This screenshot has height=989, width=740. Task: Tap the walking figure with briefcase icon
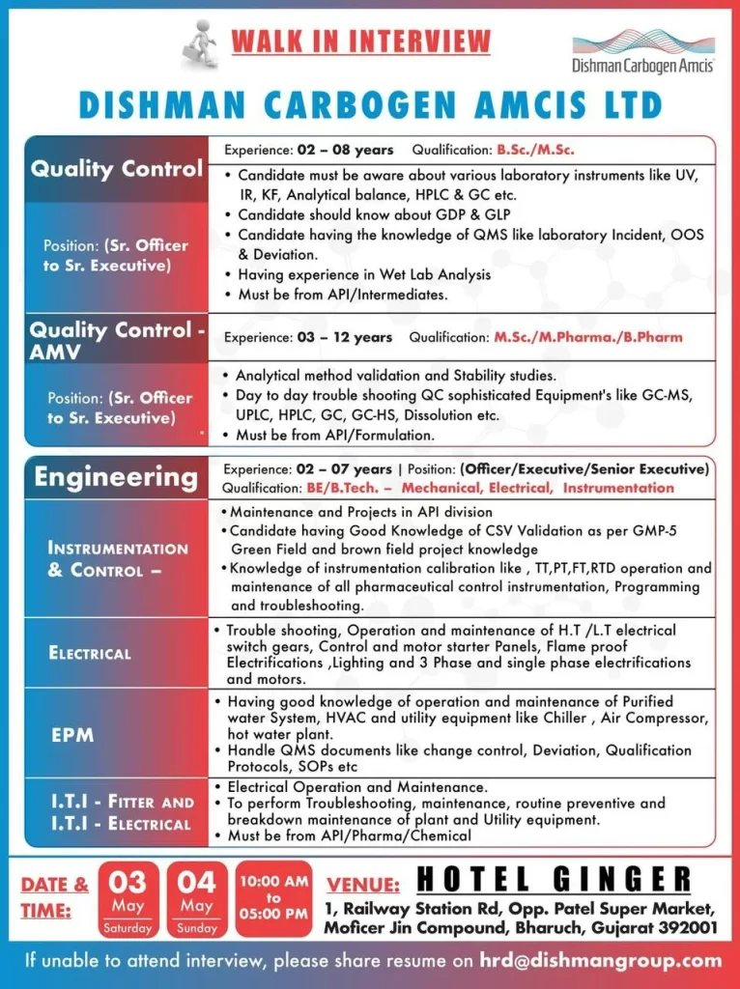coord(201,44)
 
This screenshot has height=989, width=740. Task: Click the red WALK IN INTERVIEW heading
coord(360,42)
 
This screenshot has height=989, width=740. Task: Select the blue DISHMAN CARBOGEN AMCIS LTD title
coord(370,104)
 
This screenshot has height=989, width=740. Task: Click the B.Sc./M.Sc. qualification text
coord(536,150)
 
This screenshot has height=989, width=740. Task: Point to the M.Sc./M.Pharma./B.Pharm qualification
coord(588,337)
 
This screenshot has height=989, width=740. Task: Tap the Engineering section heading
coord(116,477)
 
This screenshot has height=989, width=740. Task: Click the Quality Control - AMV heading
coord(117,340)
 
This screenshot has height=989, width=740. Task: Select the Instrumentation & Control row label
coord(118,559)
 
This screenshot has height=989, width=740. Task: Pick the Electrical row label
coord(90,653)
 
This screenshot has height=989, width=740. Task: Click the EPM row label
coord(73,735)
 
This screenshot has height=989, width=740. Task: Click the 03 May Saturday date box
coord(128,899)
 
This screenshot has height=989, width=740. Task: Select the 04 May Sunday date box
coord(196,899)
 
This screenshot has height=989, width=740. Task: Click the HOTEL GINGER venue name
coord(554,880)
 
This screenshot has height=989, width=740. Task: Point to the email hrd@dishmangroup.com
coord(601,960)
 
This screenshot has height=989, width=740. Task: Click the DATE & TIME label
coord(54,897)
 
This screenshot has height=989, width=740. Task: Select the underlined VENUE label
coord(363,884)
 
